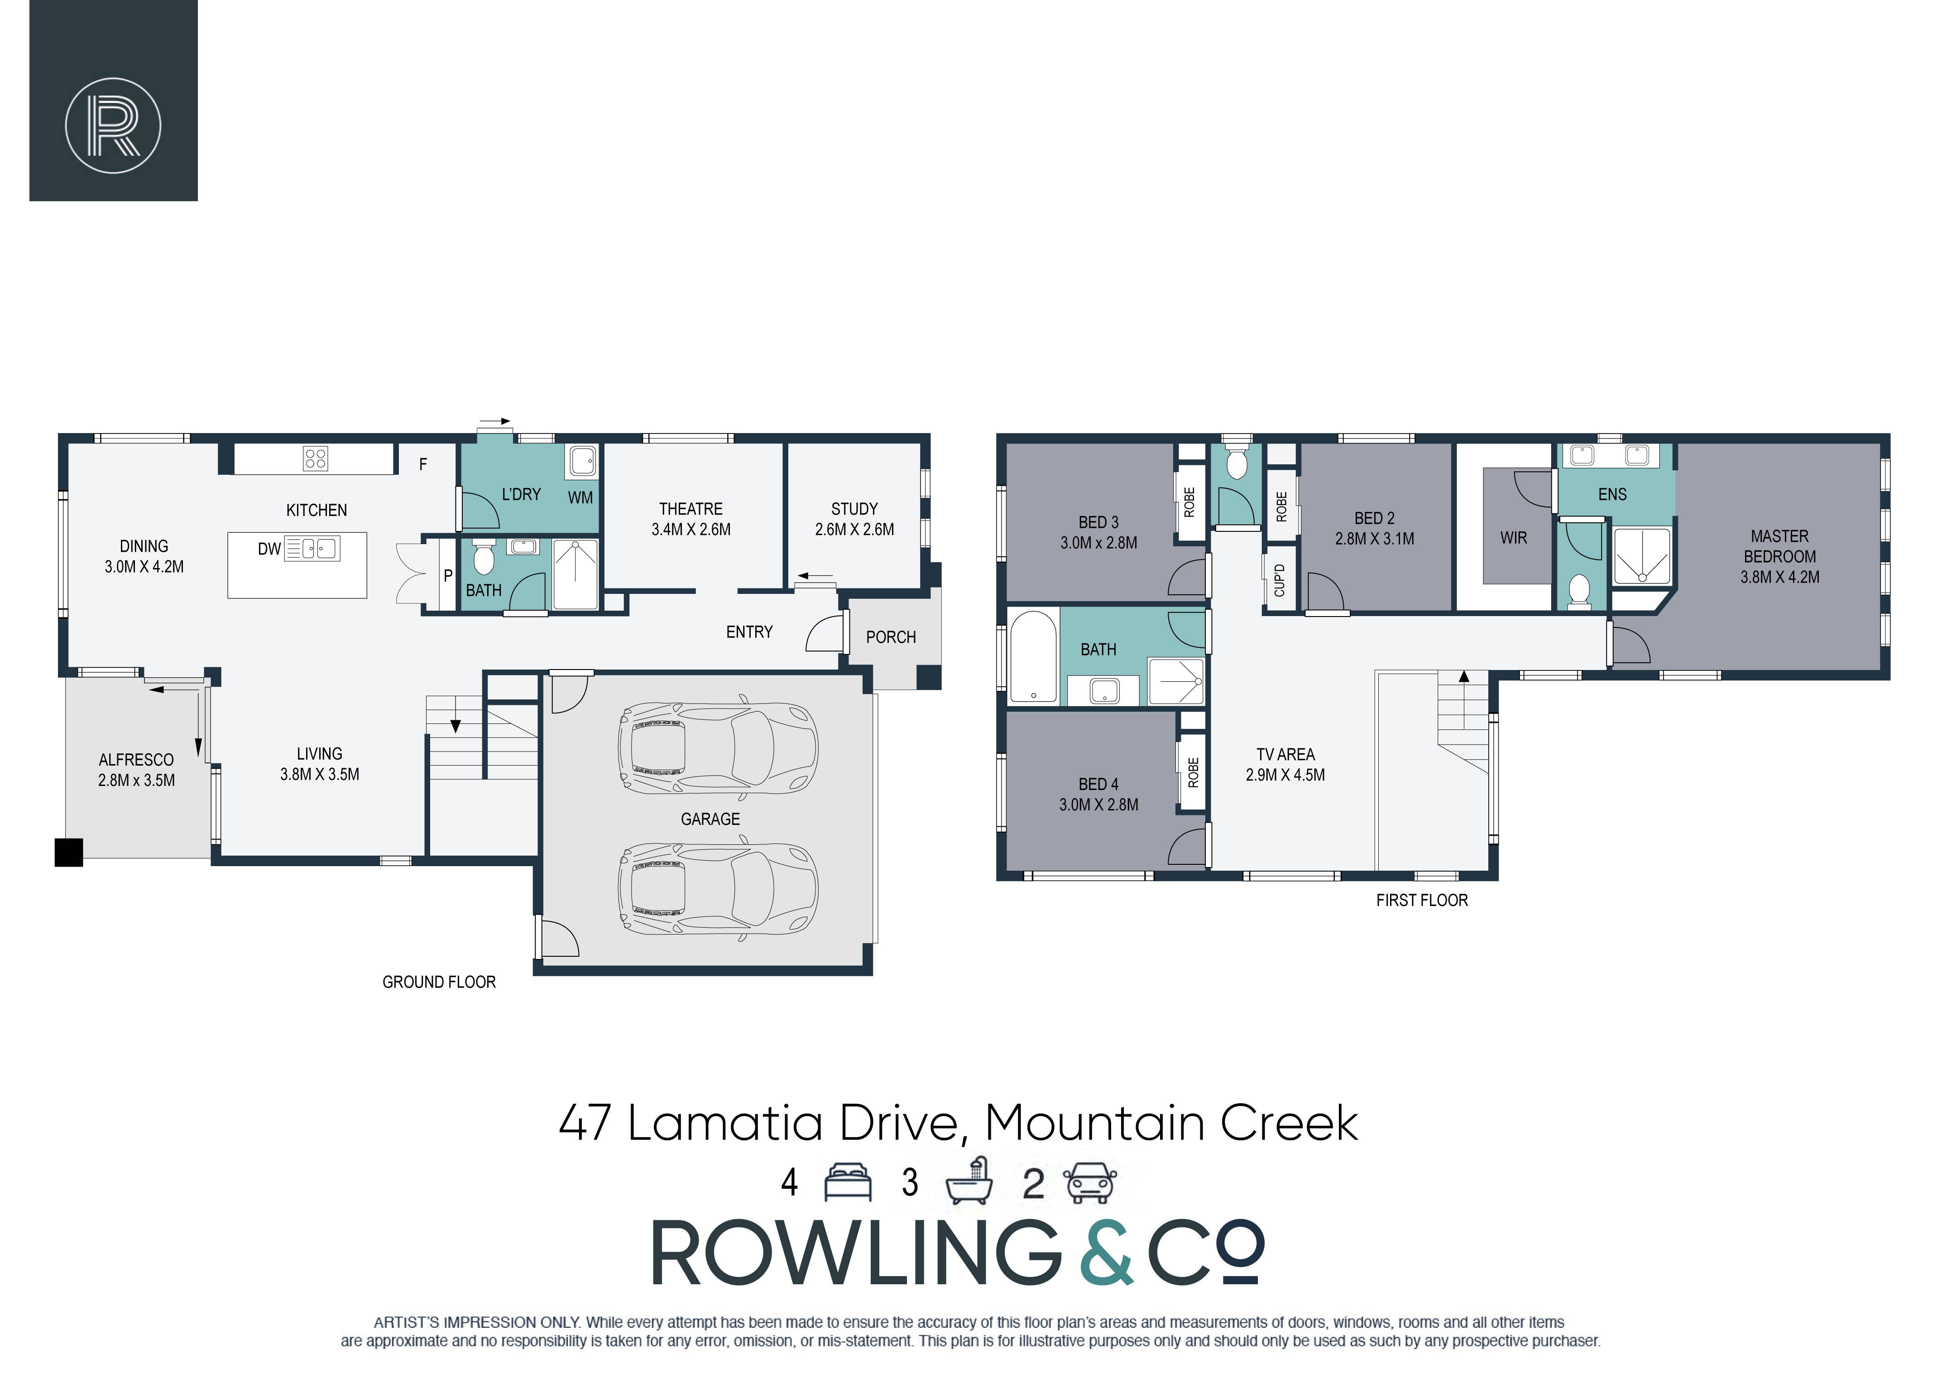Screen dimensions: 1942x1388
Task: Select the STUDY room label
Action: coord(854,509)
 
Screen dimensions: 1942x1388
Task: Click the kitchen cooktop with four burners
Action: coord(315,459)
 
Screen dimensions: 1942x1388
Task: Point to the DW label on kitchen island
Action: coord(269,549)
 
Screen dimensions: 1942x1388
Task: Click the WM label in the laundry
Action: coord(580,497)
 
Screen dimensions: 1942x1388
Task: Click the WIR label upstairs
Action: coord(1513,538)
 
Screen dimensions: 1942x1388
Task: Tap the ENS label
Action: coord(1612,494)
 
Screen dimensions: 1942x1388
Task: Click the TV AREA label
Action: coord(1285,754)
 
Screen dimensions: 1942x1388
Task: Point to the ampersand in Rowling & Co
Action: coord(1107,1253)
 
